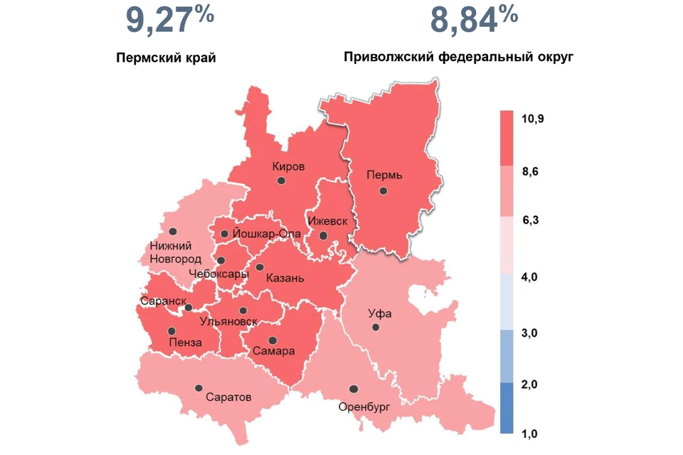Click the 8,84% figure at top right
pyautogui.click(x=474, y=21)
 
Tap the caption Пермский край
pyautogui.click(x=166, y=58)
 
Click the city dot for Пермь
pyautogui.click(x=383, y=190)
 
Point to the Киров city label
pyautogui.click(x=288, y=166)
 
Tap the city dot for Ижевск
pyautogui.click(x=323, y=235)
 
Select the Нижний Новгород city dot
pyautogui.click(x=173, y=231)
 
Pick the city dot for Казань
pyautogui.click(x=260, y=267)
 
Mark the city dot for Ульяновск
pyautogui.click(x=243, y=311)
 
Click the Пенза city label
pyautogui.click(x=185, y=343)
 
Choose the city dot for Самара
pyautogui.click(x=272, y=340)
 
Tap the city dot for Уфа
pyautogui.click(x=374, y=327)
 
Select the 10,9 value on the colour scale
pyautogui.click(x=533, y=119)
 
